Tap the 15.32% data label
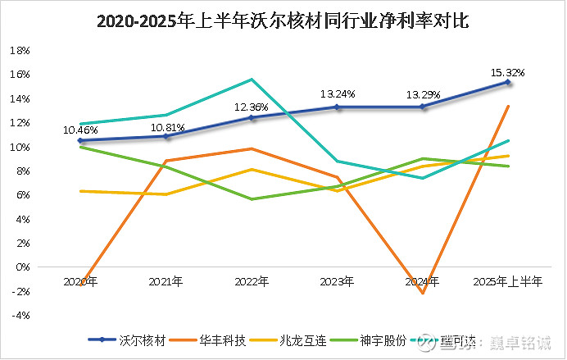click(507, 72)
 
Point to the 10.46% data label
click(81, 130)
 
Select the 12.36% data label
click(252, 107)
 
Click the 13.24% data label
click(338, 93)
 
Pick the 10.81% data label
click(167, 127)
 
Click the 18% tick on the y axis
click(19, 50)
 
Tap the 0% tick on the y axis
click(22, 267)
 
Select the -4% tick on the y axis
click(20, 315)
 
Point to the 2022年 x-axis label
click(252, 281)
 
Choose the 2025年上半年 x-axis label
click(508, 281)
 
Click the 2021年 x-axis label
click(166, 281)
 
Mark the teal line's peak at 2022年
click(252, 80)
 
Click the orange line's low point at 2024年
click(423, 293)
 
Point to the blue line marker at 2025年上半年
click(508, 82)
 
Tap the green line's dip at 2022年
click(252, 199)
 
